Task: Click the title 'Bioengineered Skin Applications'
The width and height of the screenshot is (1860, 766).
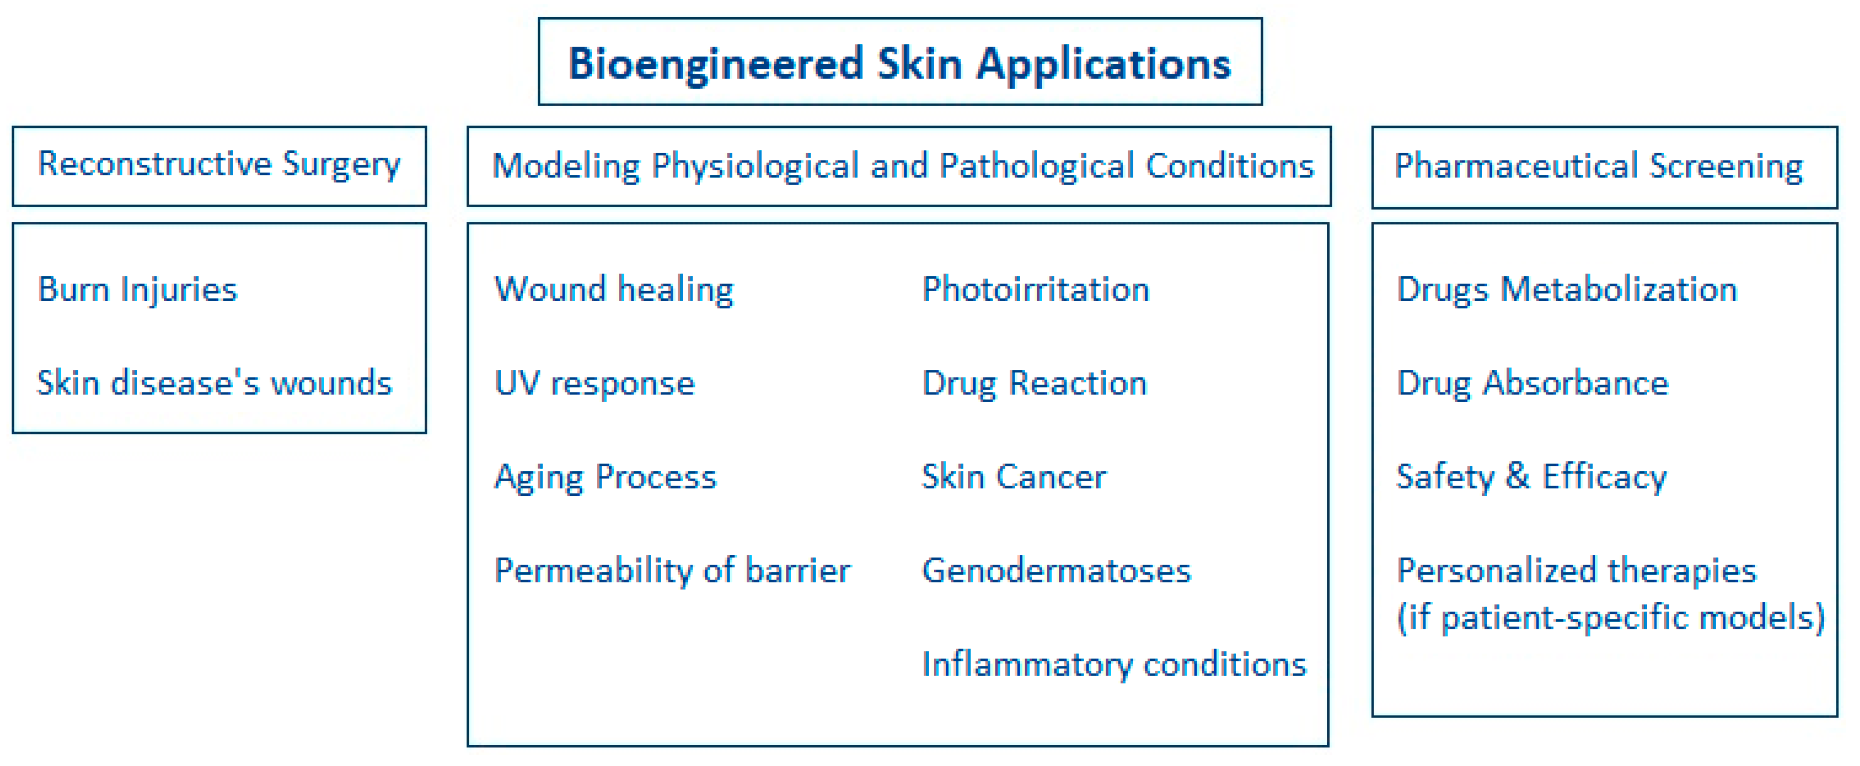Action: click(900, 64)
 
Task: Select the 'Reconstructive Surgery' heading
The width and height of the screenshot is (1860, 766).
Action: click(219, 164)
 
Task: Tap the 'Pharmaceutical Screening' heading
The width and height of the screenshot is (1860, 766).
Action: click(1598, 166)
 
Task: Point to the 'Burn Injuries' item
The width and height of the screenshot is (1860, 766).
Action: click(137, 290)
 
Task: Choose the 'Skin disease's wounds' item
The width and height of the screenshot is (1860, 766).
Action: click(214, 383)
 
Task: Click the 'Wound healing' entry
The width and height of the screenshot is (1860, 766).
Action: click(614, 290)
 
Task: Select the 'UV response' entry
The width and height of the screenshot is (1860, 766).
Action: click(594, 383)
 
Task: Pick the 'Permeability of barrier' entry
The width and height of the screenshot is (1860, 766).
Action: click(672, 571)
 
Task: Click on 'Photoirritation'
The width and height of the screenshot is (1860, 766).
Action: click(1035, 290)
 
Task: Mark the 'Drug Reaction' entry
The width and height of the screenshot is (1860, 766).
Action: click(1035, 383)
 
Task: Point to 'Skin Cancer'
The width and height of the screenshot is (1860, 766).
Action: click(1014, 476)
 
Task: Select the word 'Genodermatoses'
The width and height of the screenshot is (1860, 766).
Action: click(1056, 571)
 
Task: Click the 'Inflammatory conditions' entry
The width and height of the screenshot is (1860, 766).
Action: click(1114, 664)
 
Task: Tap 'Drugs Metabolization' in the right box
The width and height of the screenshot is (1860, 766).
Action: click(1567, 290)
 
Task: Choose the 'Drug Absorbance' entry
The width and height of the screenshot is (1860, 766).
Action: click(1533, 383)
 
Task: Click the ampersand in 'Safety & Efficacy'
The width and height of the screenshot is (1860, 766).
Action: click(1518, 476)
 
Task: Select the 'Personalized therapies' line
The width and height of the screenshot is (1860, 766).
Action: click(1576, 571)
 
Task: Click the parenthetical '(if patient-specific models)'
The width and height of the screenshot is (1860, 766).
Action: click(1611, 618)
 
